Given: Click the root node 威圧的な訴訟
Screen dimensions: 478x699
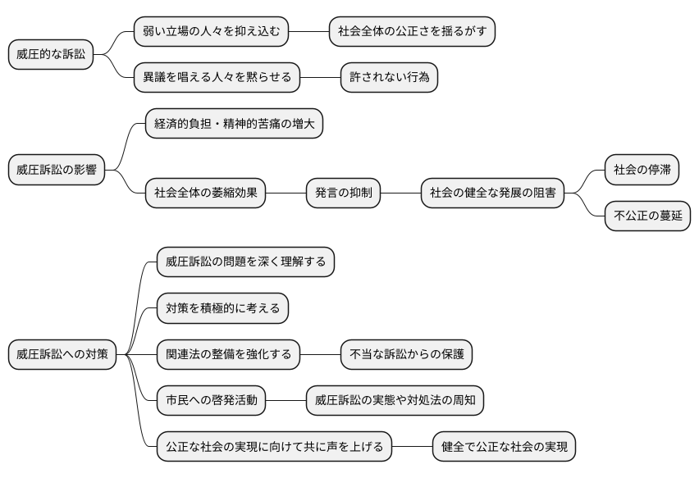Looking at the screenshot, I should coord(51,55).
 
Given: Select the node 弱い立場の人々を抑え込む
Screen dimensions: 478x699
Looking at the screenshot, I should coord(212,32).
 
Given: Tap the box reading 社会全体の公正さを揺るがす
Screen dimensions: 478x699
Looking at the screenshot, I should coord(412,32).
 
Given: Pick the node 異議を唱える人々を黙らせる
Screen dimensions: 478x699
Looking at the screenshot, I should coord(217,78).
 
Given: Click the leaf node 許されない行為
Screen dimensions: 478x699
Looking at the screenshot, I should coord(389,78).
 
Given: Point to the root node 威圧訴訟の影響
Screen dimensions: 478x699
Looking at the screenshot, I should coord(57,171).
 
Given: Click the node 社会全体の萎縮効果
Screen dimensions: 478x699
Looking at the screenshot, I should coord(205,193).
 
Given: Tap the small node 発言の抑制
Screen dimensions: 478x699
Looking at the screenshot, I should coord(343,193).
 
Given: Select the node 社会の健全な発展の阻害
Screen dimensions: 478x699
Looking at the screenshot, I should coord(492,193).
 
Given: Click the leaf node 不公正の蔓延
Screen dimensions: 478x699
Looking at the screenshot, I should coord(647,216).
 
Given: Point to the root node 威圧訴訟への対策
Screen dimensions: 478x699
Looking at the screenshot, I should coord(62,355).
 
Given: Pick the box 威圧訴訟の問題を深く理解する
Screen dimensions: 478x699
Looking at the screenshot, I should coord(245,262).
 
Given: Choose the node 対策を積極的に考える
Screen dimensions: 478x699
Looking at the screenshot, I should coord(222,309).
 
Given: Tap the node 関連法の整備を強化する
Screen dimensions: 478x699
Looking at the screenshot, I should coord(228,355).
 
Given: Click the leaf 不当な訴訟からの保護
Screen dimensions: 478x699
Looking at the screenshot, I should coord(406,355).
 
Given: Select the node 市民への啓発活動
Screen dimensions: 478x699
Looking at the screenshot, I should coord(211,401).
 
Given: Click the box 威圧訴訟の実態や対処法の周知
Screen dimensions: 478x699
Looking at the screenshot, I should coord(395,401).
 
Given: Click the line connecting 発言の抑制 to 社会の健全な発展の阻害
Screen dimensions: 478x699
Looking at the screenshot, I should coord(400,193).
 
